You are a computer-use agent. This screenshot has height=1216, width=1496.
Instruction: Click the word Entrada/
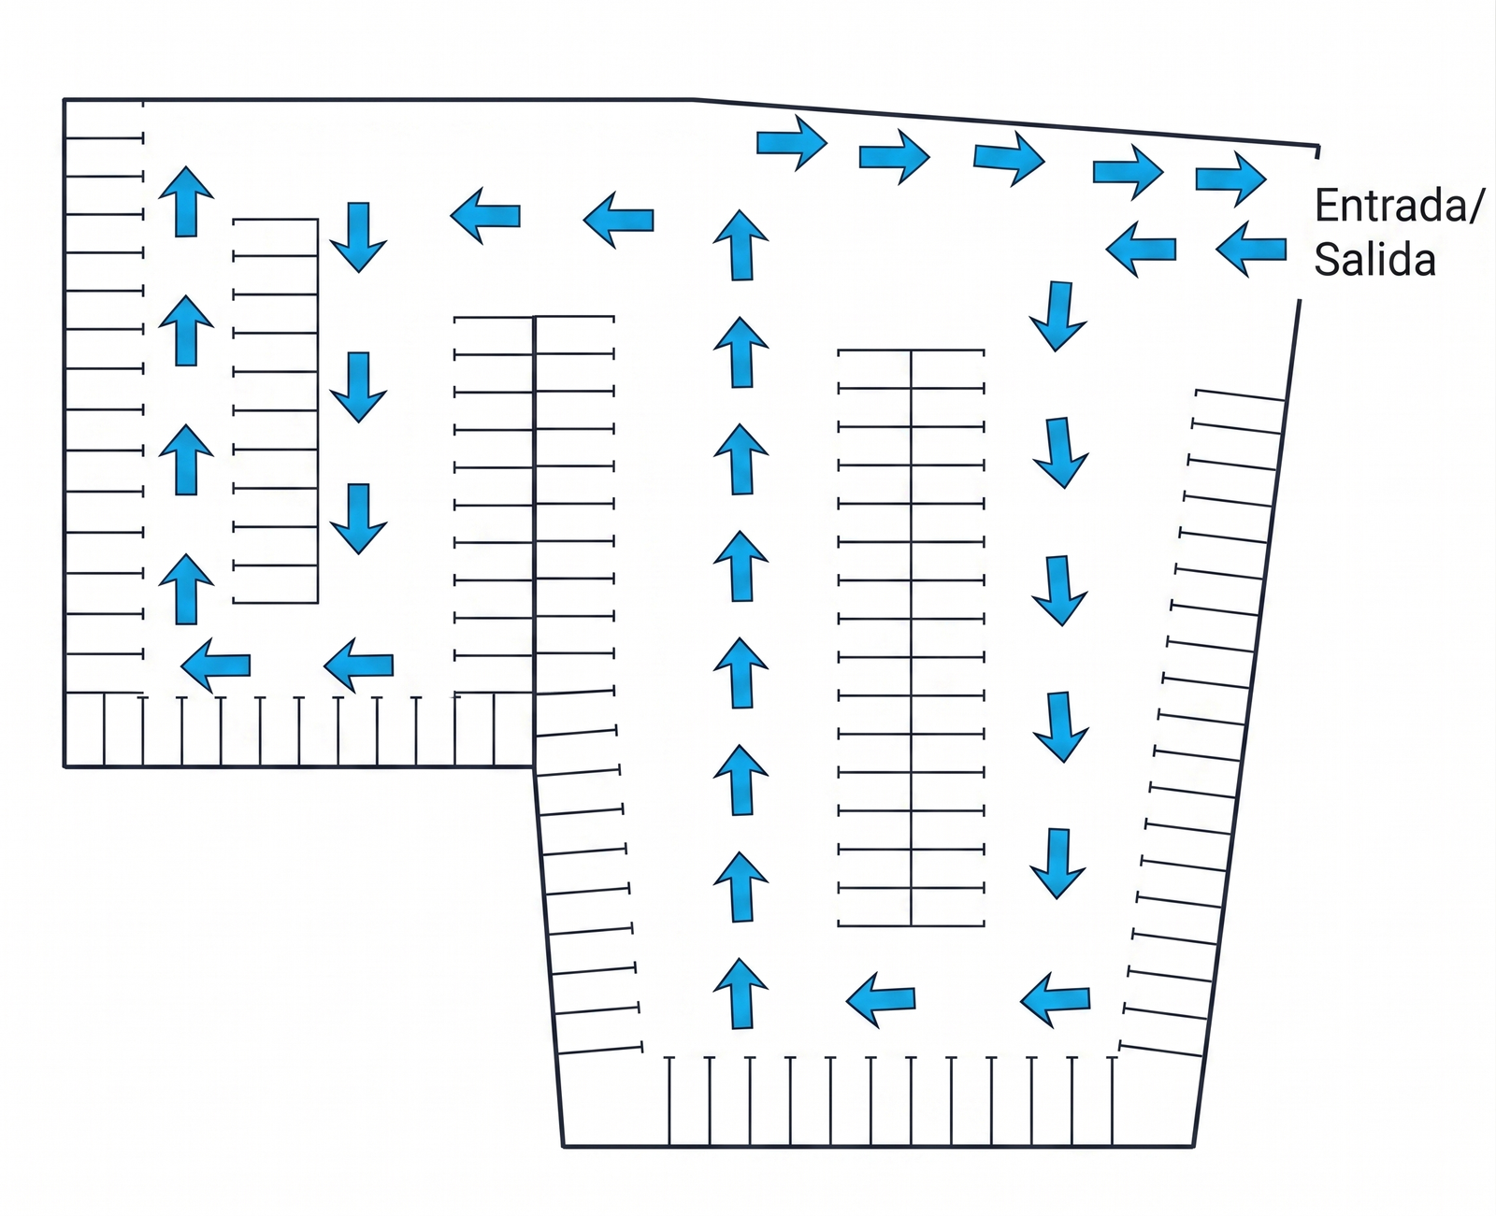click(1399, 206)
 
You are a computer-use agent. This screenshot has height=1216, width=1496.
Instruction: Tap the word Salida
click(1374, 260)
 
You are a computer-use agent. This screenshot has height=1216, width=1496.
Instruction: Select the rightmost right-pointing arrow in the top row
click(1230, 179)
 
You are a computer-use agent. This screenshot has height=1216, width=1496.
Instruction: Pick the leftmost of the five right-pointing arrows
click(792, 143)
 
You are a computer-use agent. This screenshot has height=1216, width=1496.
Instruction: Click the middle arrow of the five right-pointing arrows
click(1009, 159)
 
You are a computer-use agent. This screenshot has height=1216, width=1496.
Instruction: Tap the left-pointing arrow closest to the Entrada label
click(1251, 250)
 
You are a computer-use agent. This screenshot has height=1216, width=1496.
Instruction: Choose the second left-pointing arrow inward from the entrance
click(1141, 249)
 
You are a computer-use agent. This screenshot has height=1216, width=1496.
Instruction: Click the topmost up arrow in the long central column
click(741, 245)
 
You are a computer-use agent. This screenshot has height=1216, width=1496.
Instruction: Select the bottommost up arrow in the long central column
click(741, 994)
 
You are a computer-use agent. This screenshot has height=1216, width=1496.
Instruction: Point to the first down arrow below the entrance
click(1057, 316)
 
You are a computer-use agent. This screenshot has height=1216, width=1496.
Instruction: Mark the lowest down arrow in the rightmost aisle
click(1057, 864)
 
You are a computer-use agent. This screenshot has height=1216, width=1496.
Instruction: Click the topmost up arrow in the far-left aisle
click(186, 202)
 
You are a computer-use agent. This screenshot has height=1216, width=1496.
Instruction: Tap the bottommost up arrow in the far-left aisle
click(186, 589)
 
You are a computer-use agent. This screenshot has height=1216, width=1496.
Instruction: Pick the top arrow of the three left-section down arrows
click(358, 237)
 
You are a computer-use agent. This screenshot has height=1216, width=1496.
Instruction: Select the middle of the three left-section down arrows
click(358, 388)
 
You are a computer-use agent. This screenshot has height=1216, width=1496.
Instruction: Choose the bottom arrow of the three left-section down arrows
click(358, 519)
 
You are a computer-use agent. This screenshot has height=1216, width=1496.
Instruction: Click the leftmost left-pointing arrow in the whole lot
click(216, 665)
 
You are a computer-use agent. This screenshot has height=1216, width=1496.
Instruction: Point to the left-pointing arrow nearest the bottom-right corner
click(1055, 999)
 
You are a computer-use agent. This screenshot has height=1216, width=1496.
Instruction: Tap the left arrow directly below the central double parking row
click(881, 999)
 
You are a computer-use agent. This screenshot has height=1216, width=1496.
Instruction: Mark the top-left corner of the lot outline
click(65, 100)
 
